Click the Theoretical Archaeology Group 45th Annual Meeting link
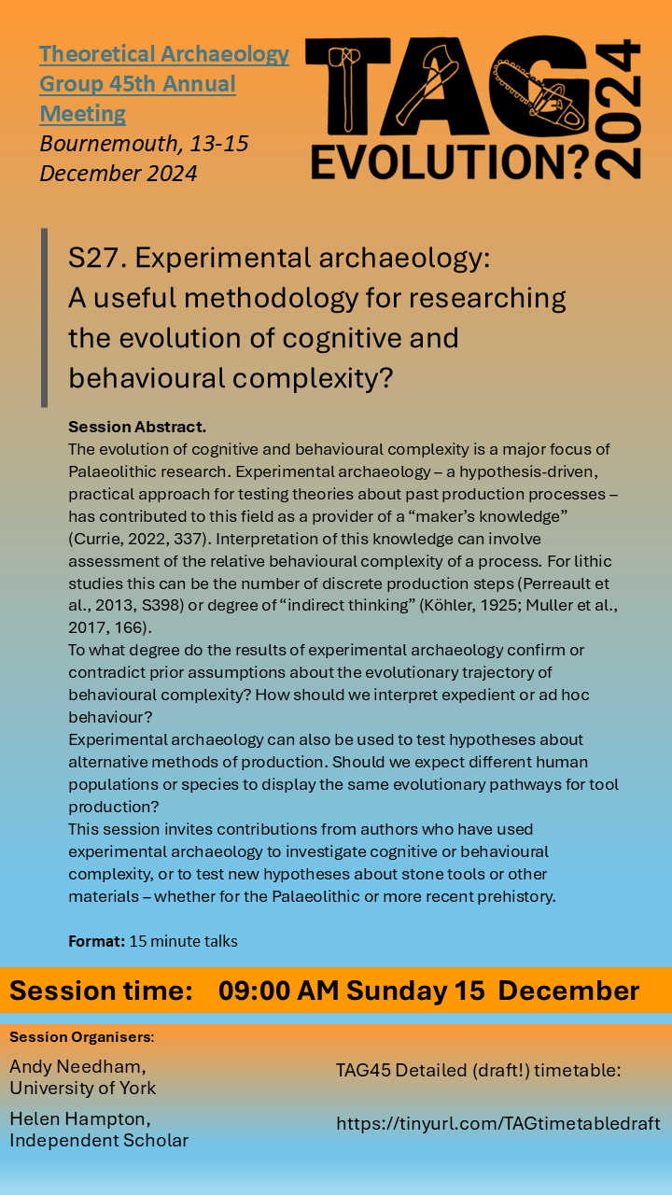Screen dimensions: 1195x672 point(163,84)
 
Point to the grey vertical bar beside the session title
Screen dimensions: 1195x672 point(44,317)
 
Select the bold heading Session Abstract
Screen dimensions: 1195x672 point(137,427)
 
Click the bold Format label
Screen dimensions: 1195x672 point(96,941)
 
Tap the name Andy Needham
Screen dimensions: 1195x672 point(77,1067)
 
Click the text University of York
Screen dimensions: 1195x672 point(83,1088)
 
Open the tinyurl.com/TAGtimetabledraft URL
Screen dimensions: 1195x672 point(498,1123)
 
